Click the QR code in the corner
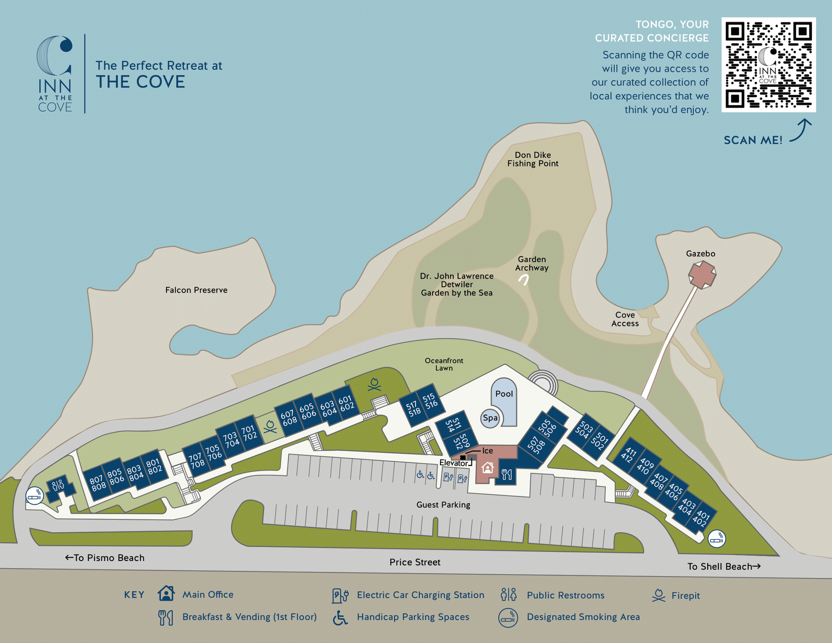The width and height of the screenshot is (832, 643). point(768,65)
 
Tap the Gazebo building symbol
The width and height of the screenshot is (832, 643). point(702,275)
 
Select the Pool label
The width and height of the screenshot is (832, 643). point(504,394)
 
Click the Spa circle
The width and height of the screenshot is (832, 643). point(490,418)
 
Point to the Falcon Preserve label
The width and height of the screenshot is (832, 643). point(196,290)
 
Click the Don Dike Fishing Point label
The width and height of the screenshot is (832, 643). point(532,159)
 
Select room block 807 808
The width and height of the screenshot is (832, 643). point(97,483)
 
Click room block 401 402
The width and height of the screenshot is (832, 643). point(701,519)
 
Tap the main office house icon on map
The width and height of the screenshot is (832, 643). point(487,468)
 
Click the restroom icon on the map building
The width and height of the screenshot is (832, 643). point(58,485)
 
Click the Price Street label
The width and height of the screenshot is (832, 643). point(415,562)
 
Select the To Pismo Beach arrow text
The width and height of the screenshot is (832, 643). point(105,558)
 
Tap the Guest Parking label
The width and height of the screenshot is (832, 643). point(443,505)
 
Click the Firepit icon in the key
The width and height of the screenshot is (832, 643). point(659,595)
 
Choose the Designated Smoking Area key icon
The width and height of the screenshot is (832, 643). point(508,617)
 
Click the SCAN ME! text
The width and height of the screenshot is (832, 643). point(753,140)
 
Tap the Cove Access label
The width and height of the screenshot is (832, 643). point(625,319)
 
